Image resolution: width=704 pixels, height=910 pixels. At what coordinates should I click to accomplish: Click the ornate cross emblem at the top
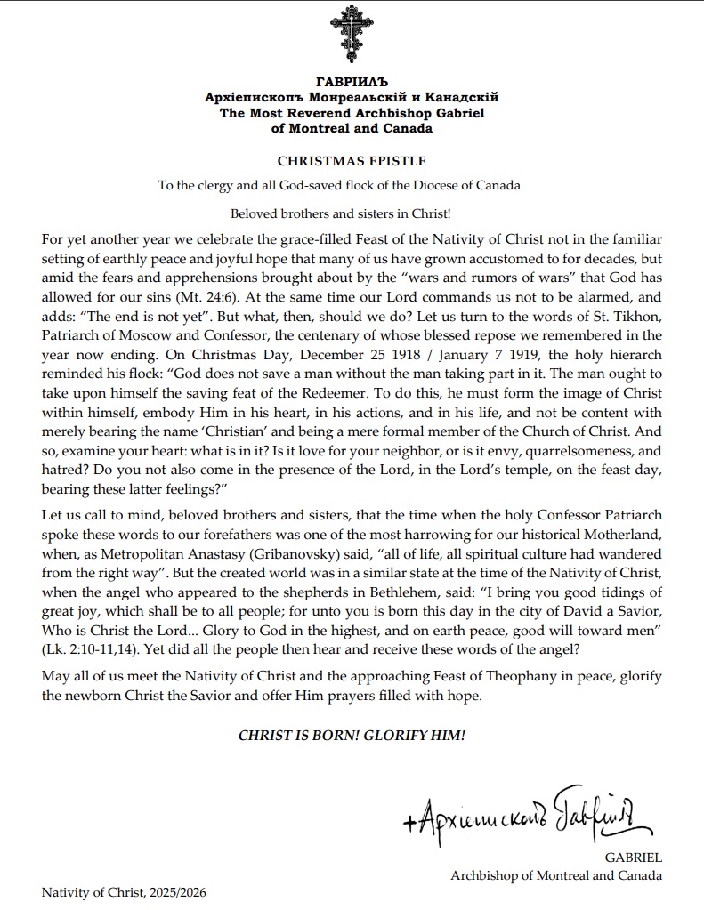click(352, 33)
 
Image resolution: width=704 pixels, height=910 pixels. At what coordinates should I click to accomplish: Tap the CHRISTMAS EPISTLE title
click(352, 161)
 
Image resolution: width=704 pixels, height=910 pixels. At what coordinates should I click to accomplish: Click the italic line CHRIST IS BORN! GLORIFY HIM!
click(352, 736)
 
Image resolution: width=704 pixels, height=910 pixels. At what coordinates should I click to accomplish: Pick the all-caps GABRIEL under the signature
click(633, 858)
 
